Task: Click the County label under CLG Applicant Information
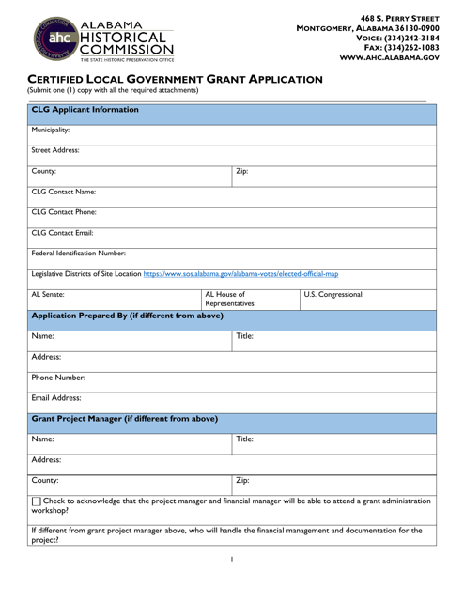point(44,172)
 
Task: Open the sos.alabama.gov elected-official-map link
point(241,274)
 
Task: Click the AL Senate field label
point(49,295)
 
